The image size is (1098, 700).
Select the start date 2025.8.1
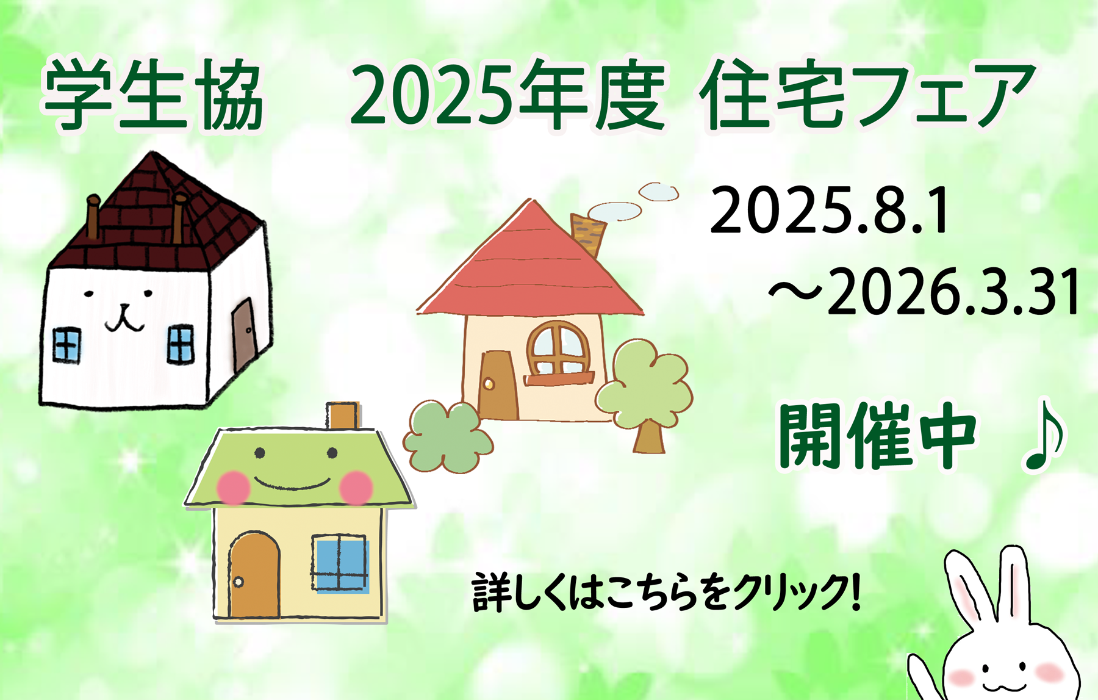tap(830, 211)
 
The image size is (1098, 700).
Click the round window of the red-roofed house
tap(559, 348)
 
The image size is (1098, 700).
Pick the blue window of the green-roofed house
tap(340, 563)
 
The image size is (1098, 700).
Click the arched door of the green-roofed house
tap(254, 575)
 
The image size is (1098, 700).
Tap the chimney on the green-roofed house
tap(342, 415)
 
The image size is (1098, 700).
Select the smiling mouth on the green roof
tap(292, 485)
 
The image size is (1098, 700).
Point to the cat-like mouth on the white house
tap(126, 318)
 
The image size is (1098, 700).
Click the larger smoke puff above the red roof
tap(615, 211)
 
